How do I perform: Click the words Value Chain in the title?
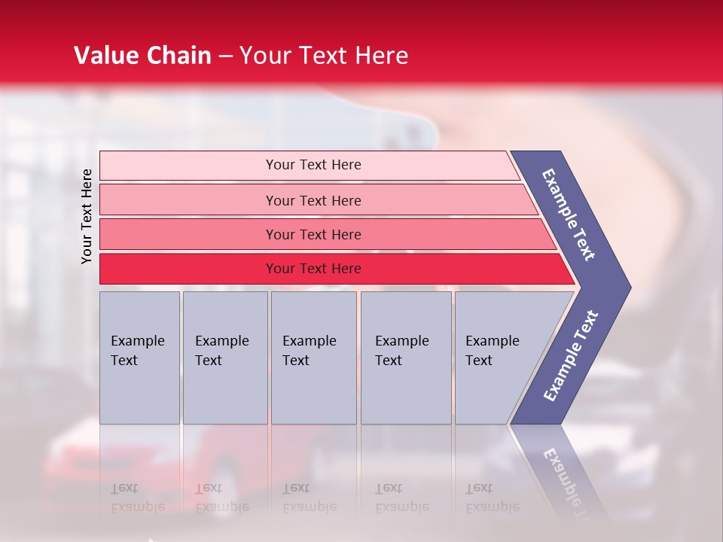pos(142,56)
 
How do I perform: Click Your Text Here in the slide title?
pos(324,56)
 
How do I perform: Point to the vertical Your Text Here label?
pos(87,216)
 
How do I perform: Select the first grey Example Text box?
pos(139,358)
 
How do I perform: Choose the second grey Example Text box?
pos(224,358)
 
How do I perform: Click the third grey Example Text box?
pos(313,358)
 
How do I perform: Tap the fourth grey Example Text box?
pos(405,358)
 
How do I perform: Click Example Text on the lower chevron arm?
pos(570,356)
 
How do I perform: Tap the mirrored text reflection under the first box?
pos(137,498)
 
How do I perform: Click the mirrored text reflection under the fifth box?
pos(492,498)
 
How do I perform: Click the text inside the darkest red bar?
pos(313,269)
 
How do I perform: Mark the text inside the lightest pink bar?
pos(313,165)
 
